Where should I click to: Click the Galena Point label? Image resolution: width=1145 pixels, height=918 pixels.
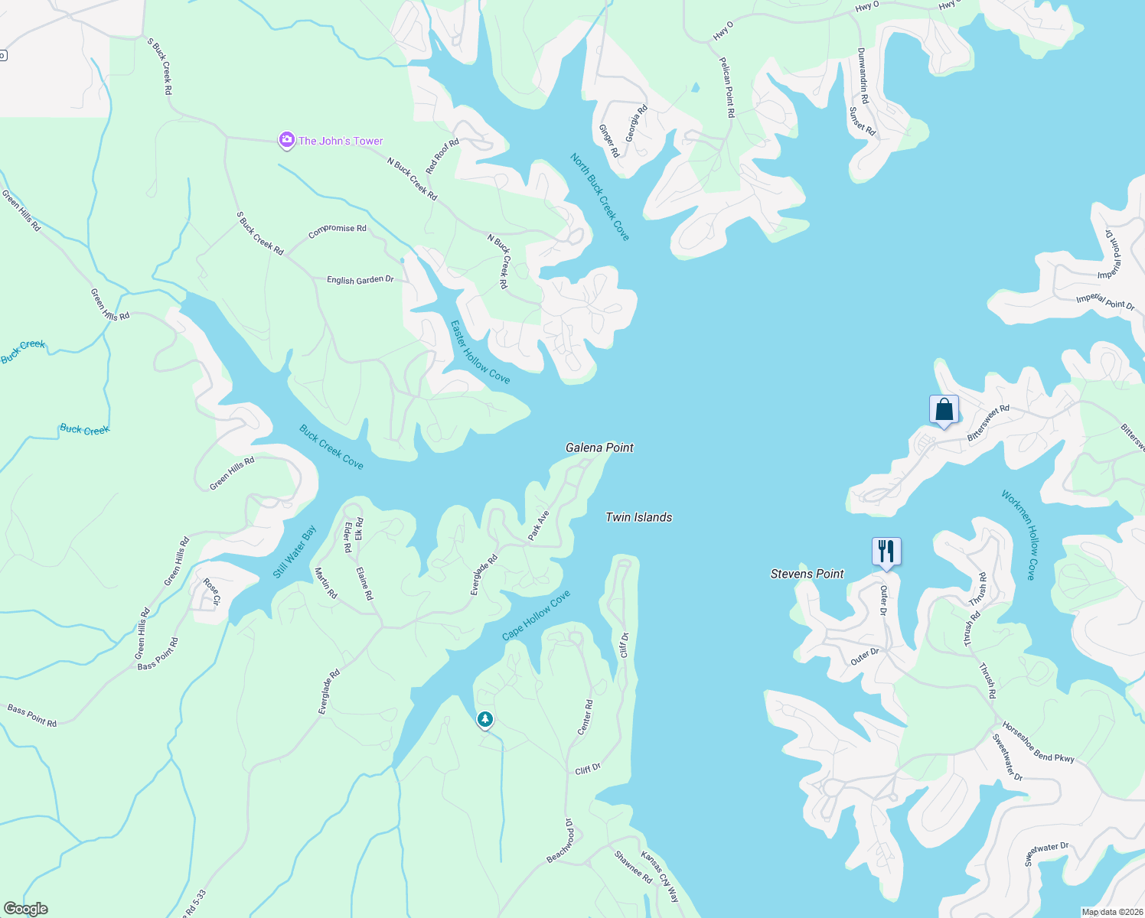599,448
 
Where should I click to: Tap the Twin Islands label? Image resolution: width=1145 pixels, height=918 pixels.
638,517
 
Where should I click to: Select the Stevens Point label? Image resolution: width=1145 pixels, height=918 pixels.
807,574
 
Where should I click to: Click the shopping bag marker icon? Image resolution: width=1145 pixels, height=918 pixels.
944,409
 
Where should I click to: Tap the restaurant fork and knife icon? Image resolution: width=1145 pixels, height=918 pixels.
886,551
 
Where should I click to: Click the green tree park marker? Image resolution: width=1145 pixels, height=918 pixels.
484,719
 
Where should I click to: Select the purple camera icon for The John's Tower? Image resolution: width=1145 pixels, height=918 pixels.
286,140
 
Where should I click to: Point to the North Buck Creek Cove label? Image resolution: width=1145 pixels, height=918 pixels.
600,197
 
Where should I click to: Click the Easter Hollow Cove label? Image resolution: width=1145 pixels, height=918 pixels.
480,352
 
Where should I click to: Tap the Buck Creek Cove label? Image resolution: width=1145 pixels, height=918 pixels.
331,447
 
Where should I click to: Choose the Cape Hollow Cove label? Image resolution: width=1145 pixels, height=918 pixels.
537,616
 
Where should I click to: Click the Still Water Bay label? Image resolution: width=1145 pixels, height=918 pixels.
295,552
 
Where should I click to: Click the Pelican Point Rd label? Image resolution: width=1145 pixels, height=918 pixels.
727,86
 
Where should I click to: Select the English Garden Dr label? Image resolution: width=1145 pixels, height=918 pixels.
360,280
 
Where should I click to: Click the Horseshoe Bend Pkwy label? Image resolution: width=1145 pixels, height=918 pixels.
1039,743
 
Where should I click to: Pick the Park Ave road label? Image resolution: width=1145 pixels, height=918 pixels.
539,526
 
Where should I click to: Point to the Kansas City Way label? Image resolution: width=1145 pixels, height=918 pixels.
660,877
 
